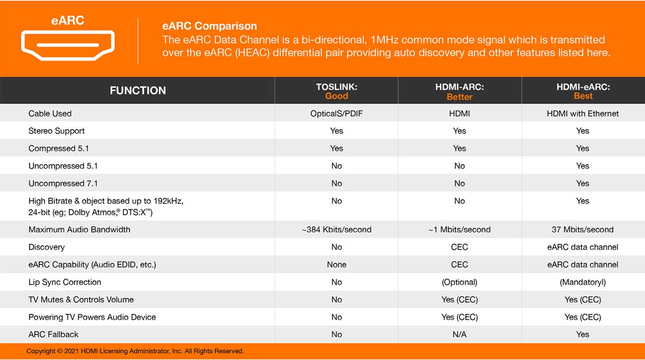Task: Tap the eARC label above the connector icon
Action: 68,20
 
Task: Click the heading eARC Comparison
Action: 209,26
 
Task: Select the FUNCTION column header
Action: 138,90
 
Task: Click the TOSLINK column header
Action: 337,87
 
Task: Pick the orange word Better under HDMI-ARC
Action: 460,97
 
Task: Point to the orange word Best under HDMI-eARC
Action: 583,96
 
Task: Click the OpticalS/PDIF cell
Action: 337,114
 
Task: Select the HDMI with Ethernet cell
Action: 583,114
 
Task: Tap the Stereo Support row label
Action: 57,131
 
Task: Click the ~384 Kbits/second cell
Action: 337,230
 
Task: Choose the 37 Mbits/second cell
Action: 583,230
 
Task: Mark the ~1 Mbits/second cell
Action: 460,230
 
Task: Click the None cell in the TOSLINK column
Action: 337,265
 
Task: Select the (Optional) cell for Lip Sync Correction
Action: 460,282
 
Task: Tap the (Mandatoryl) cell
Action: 583,282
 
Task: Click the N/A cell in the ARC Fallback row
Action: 460,335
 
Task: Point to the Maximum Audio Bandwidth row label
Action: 79,230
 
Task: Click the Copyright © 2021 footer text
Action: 135,351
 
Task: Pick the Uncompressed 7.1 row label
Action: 63,183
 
